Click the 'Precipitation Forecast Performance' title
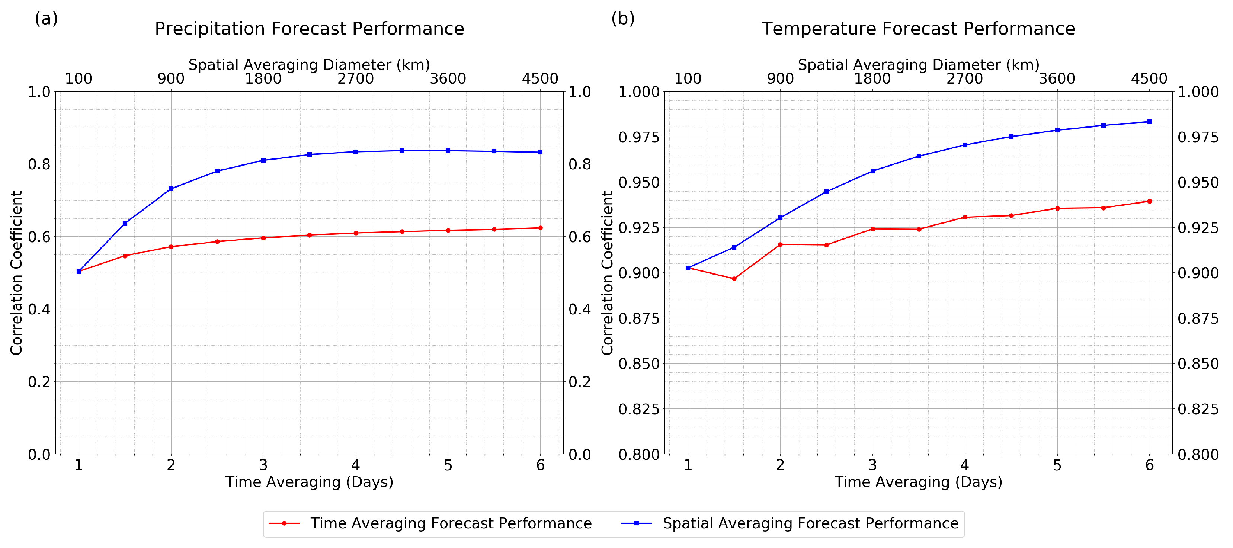[309, 29]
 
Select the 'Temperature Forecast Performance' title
[918, 29]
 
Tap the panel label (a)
[46, 18]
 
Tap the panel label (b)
[623, 18]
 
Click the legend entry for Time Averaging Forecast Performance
[451, 523]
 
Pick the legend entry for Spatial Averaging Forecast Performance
[810, 523]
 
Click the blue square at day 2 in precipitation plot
[171, 189]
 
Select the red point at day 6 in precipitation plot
[540, 228]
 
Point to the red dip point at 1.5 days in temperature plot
[734, 279]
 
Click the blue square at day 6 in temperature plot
[1149, 122]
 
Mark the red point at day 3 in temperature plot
[872, 229]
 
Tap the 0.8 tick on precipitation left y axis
[39, 164]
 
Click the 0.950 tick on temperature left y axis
[638, 182]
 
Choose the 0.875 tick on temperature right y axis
[1198, 318]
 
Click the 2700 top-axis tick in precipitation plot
[355, 78]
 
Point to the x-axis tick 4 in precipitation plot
[355, 465]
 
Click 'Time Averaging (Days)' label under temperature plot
[918, 481]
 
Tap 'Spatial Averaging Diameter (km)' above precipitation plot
[309, 65]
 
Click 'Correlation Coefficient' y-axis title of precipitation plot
[16, 273]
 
